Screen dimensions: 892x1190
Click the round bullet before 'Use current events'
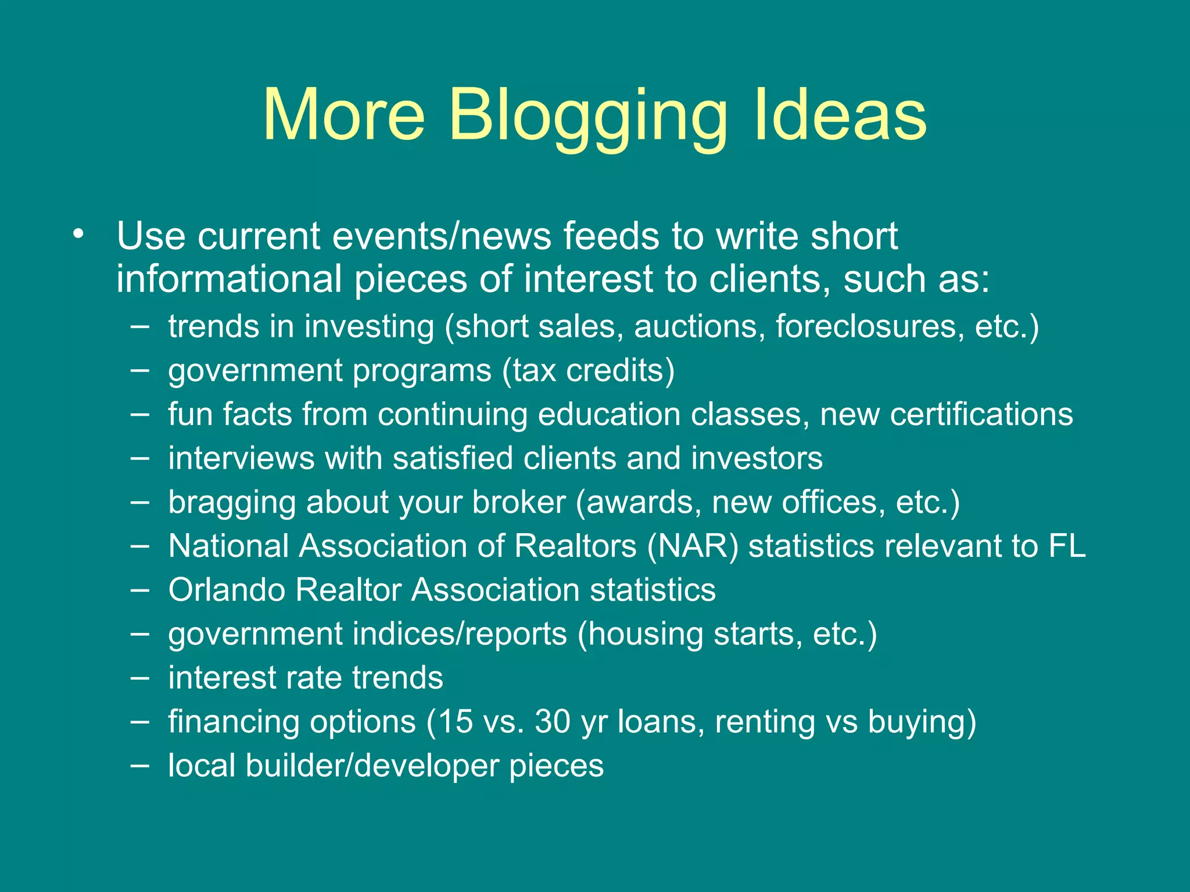79,235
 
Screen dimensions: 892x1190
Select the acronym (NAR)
692,546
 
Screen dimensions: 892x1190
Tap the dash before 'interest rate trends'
139,678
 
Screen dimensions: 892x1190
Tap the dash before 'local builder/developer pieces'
139,765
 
